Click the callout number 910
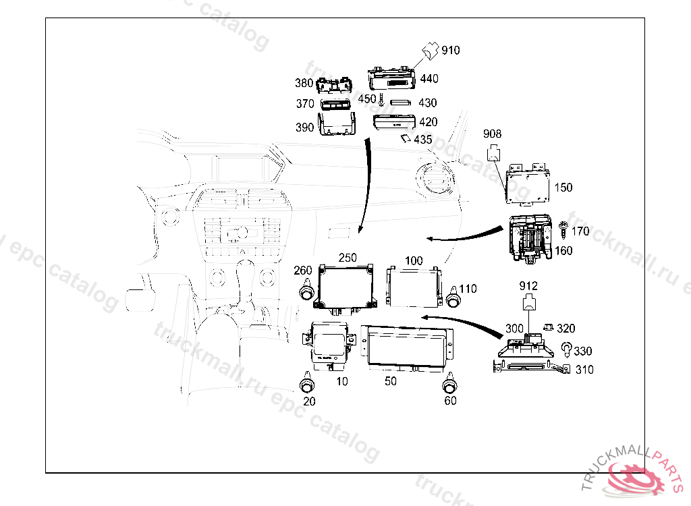pos(450,50)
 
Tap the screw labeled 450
pos(382,101)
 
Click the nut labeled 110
pos(454,297)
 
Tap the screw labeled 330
pos(568,349)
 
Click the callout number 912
pos(528,286)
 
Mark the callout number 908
pos(492,134)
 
